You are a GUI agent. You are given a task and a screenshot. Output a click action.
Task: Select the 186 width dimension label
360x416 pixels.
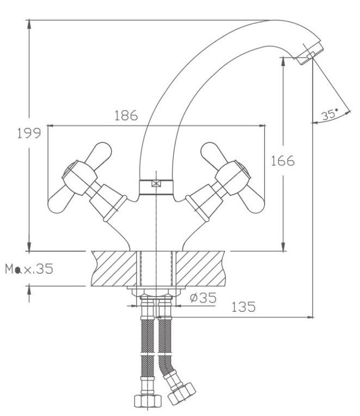click(126, 116)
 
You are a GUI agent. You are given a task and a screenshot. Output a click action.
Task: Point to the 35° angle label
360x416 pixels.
click(329, 115)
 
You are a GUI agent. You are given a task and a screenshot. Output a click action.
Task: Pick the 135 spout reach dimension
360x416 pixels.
click(243, 307)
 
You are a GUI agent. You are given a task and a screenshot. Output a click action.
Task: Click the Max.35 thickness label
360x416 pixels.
click(29, 269)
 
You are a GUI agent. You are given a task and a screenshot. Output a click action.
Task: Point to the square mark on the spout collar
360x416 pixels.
click(156, 184)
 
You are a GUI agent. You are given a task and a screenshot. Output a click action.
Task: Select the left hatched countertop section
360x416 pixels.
click(112, 268)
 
